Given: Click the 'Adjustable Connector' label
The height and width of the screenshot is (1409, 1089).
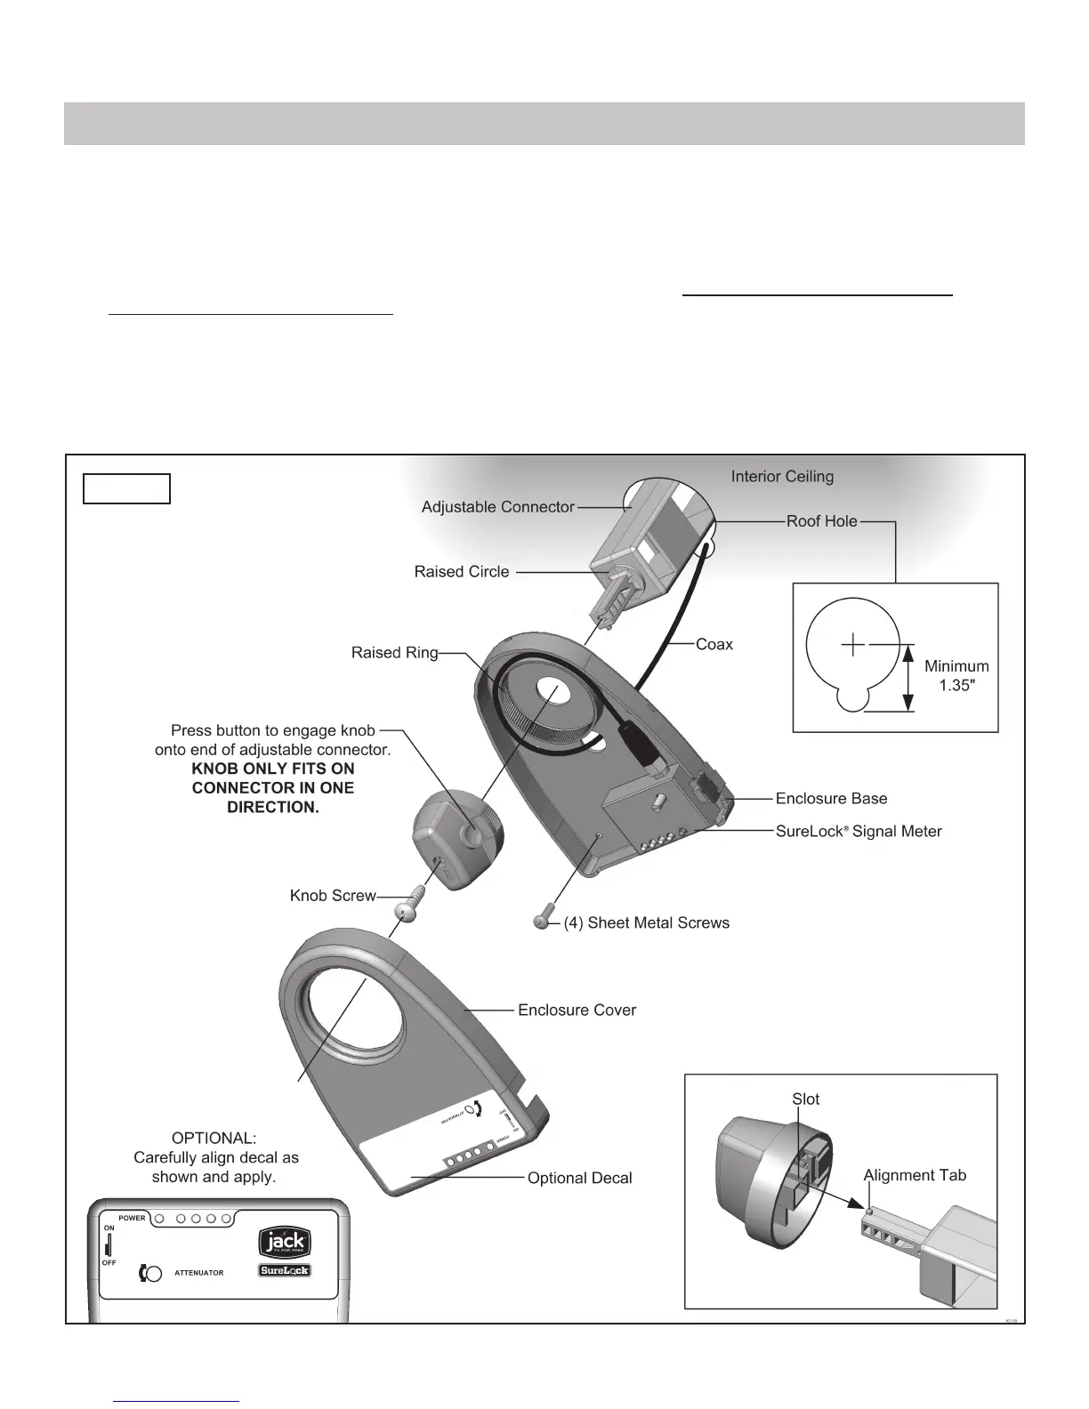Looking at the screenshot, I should click(x=497, y=507).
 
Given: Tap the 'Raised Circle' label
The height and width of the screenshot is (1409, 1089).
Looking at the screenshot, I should click(x=462, y=572).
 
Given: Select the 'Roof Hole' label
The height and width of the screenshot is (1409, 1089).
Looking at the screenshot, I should click(x=821, y=521).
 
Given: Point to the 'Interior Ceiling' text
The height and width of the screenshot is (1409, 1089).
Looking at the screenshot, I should click(x=782, y=477).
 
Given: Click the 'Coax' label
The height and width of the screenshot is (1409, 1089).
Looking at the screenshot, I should click(x=714, y=644).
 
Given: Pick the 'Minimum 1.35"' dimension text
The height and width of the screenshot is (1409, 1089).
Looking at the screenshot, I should click(x=956, y=676).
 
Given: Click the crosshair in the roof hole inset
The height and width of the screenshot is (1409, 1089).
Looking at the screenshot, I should click(x=853, y=643).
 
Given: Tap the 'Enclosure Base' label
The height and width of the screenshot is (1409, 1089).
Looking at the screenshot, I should click(x=831, y=799).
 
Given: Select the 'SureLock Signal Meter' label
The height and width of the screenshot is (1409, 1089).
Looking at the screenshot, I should click(x=858, y=832).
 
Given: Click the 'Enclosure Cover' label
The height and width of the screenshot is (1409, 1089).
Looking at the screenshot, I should click(x=577, y=1010).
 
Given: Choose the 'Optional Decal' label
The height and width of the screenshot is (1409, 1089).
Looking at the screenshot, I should click(x=579, y=1179).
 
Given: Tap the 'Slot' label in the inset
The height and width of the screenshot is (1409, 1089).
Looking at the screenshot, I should click(x=805, y=1099).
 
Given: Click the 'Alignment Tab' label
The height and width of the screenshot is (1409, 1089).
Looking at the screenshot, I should click(x=915, y=1176).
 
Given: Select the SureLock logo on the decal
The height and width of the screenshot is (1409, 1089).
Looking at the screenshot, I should click(x=285, y=1271).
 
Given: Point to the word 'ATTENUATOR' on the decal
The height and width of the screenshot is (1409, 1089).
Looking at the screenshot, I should click(x=199, y=1273).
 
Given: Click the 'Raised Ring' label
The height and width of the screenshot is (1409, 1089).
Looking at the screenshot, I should click(x=394, y=653).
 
